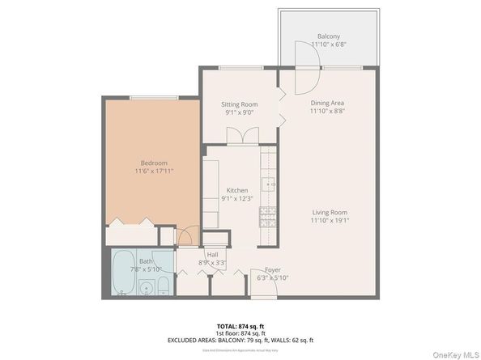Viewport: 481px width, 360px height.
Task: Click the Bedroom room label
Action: coord(154,162)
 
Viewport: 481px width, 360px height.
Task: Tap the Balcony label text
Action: coord(328,37)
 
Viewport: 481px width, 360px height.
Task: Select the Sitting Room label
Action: coord(239,104)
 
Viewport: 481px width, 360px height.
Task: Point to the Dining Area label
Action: coord(328,103)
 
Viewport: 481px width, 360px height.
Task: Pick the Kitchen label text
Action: coord(236,190)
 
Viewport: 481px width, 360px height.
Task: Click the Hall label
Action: coord(212,255)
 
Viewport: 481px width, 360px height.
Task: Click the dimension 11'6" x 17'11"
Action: coord(154,171)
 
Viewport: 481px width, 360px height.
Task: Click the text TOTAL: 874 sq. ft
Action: coord(240,324)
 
